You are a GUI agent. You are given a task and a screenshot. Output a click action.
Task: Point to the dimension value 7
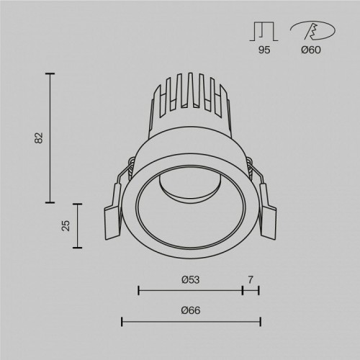(251, 279)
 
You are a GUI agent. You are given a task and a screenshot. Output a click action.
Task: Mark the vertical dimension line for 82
(50, 137)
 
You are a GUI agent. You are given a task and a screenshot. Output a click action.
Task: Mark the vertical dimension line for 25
(77, 225)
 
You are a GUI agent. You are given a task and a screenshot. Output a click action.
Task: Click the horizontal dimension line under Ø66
(191, 320)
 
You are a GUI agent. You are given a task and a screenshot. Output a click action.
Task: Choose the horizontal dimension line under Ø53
(190, 291)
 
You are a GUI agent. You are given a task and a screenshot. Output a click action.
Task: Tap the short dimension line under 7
(251, 291)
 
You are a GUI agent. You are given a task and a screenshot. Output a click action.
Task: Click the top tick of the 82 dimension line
(50, 73)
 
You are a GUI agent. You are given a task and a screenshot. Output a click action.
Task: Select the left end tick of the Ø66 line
(122, 320)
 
